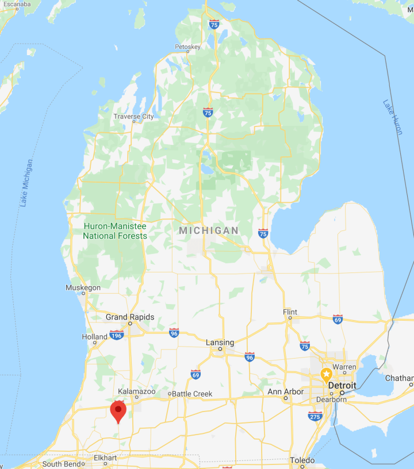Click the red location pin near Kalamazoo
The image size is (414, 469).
118,410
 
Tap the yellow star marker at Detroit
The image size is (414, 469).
326,375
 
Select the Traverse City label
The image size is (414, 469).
133,117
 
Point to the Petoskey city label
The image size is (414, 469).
187,47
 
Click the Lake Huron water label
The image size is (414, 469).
393,117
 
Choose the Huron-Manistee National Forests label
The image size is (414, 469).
114,231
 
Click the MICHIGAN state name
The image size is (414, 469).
208,230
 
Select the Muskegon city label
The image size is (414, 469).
83,287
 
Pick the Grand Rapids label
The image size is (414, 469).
130,317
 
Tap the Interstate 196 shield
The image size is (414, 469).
117,335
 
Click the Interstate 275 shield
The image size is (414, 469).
315,416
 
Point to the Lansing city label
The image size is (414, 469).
220,343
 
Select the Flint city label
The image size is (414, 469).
290,312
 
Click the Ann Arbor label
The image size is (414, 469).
286,392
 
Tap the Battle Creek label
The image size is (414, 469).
193,394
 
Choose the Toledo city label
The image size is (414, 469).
302,460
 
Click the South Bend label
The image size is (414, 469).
60,464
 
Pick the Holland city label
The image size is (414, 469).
95,337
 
